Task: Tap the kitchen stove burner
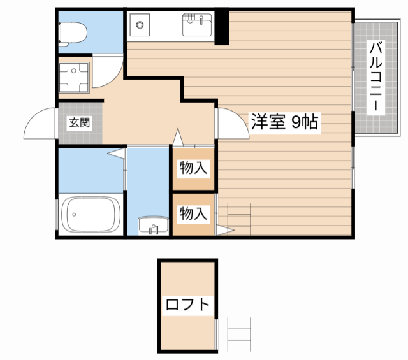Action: [x=138, y=26]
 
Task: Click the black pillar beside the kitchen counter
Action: [x=222, y=27]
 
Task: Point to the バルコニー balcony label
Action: [x=376, y=76]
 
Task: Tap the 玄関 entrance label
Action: [x=80, y=122]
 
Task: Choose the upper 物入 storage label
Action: [x=193, y=169]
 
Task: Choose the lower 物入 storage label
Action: [x=193, y=213]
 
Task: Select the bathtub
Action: [x=91, y=216]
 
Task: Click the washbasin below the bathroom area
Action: [x=153, y=226]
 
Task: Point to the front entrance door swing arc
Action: [x=40, y=122]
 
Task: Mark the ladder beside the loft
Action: [x=238, y=335]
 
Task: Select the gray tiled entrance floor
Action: [x=80, y=131]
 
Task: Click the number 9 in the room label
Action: [x=297, y=122]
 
